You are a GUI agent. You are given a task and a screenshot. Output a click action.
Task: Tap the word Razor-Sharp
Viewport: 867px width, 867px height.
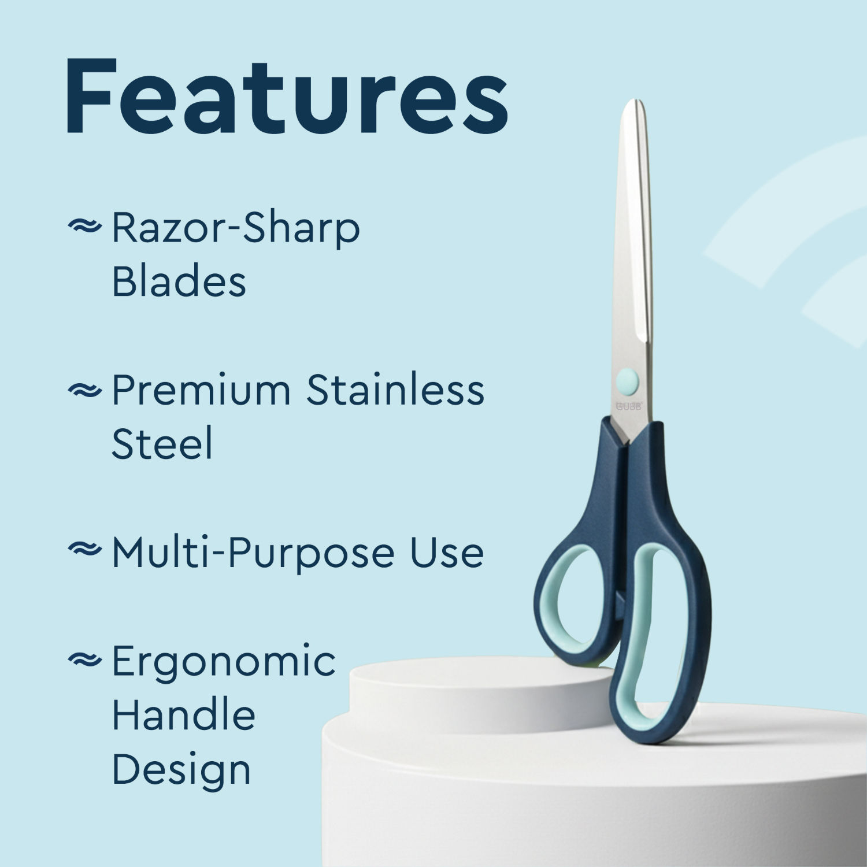click(x=235, y=228)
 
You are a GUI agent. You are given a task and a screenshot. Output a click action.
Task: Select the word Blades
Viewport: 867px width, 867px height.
click(x=179, y=282)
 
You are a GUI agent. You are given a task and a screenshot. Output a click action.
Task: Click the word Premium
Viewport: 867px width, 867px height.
click(x=201, y=390)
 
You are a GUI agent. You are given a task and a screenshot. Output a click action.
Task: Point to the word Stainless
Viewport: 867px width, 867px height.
click(x=395, y=390)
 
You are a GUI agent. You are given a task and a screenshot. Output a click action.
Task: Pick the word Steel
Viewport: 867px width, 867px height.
click(x=162, y=444)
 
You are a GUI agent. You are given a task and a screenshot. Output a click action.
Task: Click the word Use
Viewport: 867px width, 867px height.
click(x=447, y=552)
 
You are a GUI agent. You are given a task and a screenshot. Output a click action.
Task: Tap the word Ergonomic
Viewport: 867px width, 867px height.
click(x=223, y=662)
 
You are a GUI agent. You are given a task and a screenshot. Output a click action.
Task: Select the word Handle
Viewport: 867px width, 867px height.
click(x=183, y=715)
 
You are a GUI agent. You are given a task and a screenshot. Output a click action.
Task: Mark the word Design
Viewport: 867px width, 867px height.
click(x=181, y=770)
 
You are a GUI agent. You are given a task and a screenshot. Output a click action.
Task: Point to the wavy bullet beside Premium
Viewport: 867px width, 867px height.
click(x=84, y=391)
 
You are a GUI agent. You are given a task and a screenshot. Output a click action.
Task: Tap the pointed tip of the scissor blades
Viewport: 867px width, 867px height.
click(x=634, y=103)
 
